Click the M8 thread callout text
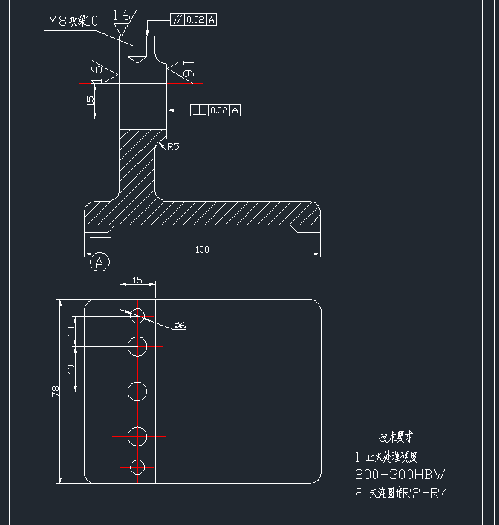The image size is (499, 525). tap(73, 22)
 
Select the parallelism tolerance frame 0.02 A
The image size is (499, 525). tap(194, 20)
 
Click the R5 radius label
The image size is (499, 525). tap(173, 147)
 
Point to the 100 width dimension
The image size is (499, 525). tap(202, 250)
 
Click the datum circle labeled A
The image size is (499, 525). tap(100, 262)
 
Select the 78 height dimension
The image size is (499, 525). tap(56, 392)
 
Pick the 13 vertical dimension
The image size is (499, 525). tap(71, 331)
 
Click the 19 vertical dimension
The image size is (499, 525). tap(71, 368)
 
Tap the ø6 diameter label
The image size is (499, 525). tap(179, 326)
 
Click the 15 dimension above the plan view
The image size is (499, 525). tap(137, 280)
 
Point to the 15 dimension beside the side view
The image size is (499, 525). tap(91, 101)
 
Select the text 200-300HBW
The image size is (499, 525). tap(401, 475)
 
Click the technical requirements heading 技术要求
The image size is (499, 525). tap(397, 437)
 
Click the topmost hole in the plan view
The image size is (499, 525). tap(137, 317)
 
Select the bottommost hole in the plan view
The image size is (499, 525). tap(137, 466)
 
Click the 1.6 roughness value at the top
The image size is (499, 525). tap(122, 15)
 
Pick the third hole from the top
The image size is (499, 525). tap(137, 391)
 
